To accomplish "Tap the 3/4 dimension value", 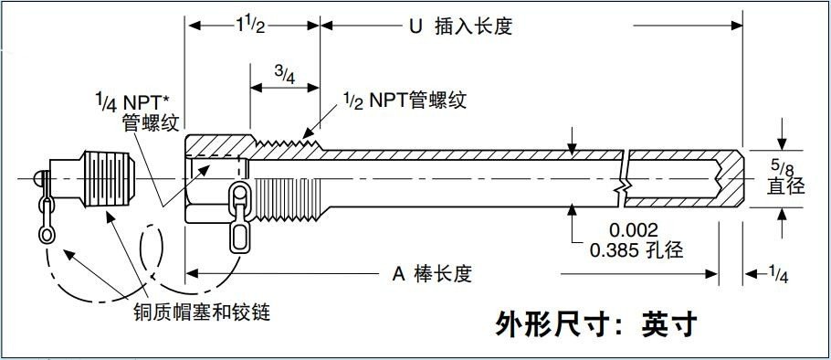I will click(x=284, y=75).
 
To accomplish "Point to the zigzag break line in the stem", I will click(x=623, y=177).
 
